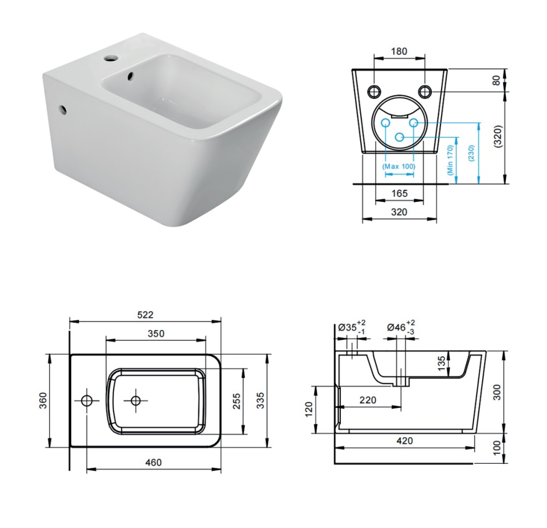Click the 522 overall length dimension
(145, 315)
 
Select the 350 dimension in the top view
(156, 333)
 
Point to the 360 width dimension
(42, 401)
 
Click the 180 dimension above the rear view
(399, 50)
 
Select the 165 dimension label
(399, 194)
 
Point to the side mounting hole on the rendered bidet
(64, 111)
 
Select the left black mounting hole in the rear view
(374, 91)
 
